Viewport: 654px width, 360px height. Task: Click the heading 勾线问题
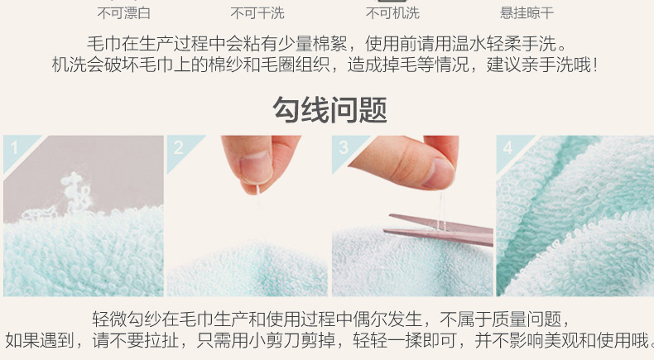coord(330,109)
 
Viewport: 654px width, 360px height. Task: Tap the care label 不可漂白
coord(124,13)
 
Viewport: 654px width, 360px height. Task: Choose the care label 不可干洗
coord(257,13)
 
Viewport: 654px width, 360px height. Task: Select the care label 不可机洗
coord(392,13)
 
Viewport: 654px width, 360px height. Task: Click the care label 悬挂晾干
coord(527,13)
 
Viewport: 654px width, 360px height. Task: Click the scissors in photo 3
coord(438,230)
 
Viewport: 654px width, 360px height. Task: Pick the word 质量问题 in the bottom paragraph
coord(527,319)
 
